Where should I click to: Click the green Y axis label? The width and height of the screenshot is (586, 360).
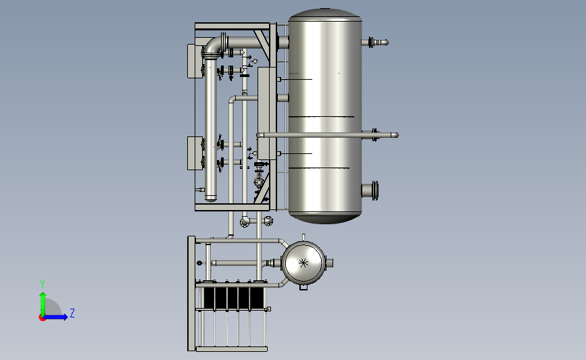pos(43,284)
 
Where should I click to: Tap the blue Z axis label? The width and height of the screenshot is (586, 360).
pos(72,313)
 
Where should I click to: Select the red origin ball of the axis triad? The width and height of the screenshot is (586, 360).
pos(42,318)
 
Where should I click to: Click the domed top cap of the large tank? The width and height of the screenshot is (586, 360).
pos(324,14)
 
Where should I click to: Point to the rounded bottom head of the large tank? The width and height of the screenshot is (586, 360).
pos(324,218)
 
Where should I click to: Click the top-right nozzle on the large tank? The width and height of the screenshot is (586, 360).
pos(375,42)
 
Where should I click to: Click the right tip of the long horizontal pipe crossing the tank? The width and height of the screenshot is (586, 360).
pos(397,135)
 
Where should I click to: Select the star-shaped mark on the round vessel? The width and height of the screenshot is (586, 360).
pos(303,263)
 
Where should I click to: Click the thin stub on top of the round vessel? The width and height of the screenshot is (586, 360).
pos(303,238)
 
